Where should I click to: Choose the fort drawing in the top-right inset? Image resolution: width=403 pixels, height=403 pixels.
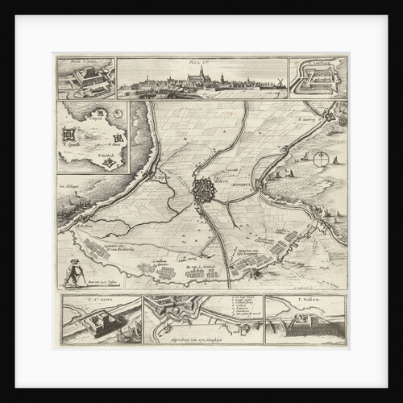click(317, 79)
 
